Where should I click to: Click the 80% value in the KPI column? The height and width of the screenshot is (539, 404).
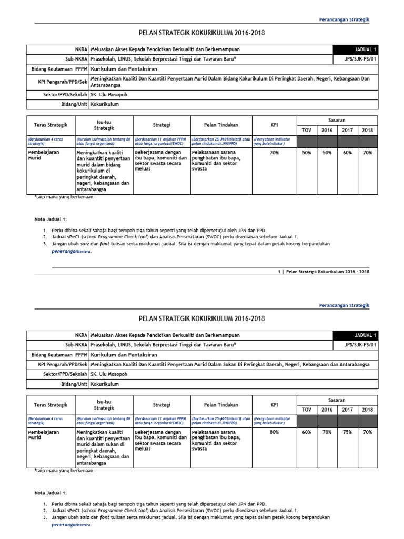(x=274, y=432)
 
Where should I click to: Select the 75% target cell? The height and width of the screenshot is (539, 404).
(x=347, y=432)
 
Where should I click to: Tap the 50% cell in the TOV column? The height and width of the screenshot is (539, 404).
(x=306, y=153)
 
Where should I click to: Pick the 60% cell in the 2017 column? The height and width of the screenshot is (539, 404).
(x=347, y=153)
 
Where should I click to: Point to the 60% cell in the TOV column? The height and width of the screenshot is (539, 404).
(x=306, y=432)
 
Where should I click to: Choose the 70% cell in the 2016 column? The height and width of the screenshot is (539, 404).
(x=327, y=432)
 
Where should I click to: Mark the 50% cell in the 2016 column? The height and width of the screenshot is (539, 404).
(x=327, y=153)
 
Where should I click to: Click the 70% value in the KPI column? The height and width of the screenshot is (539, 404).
(x=274, y=153)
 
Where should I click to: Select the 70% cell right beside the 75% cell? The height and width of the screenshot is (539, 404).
(x=367, y=432)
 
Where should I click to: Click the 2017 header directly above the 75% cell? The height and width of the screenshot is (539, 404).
(x=347, y=410)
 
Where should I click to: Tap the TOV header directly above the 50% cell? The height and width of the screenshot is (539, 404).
(x=306, y=130)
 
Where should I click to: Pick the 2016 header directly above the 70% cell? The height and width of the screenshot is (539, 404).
(x=327, y=410)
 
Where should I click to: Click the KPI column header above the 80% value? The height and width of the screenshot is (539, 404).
(x=274, y=405)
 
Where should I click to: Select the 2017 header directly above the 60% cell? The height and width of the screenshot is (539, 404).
(x=347, y=130)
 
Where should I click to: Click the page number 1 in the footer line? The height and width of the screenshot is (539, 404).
(x=278, y=272)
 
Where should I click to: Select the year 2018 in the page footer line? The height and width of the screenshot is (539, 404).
(x=363, y=272)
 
